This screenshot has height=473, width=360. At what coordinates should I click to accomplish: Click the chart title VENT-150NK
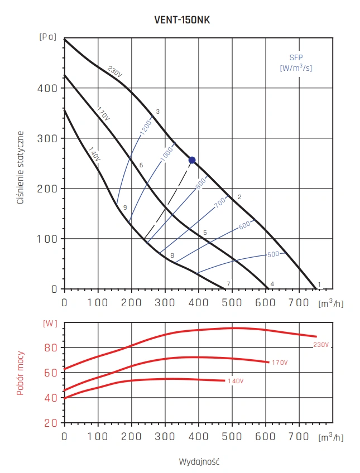[x=182, y=20]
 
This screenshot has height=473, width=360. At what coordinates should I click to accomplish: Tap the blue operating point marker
[x=192, y=160]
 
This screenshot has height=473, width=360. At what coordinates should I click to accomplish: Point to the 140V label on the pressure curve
[x=94, y=154]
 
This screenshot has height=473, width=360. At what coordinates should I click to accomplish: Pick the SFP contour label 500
[x=272, y=254]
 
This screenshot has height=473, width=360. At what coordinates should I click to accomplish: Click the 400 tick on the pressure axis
[x=50, y=88]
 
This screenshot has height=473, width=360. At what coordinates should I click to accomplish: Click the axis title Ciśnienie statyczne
[x=21, y=167]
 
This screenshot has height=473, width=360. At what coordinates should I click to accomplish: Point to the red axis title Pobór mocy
[x=21, y=373]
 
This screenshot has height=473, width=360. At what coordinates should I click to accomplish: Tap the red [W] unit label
[x=51, y=324]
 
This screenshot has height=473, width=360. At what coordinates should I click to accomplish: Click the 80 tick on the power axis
[x=51, y=347]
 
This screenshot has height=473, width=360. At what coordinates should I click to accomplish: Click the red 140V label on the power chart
[x=235, y=381]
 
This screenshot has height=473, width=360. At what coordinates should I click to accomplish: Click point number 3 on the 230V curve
[x=158, y=112]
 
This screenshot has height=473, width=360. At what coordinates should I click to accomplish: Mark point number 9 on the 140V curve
[x=125, y=207]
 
